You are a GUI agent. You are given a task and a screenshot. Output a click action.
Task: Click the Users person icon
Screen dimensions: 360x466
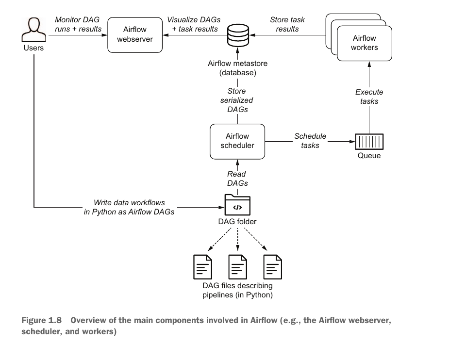33,31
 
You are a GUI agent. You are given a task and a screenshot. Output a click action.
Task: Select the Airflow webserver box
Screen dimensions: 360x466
134,34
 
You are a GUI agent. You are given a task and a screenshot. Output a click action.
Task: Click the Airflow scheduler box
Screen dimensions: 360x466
237,141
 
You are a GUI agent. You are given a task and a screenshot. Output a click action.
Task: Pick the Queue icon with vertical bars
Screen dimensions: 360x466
369,142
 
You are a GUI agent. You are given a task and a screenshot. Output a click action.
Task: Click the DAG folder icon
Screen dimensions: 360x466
237,205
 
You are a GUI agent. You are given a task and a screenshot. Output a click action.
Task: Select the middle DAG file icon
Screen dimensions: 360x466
237,266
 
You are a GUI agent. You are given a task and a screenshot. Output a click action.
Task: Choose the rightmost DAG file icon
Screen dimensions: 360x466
272,266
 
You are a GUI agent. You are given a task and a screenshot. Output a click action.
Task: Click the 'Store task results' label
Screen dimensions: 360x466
287,24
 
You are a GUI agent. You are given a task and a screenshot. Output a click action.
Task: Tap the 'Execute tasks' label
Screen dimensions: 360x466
369,97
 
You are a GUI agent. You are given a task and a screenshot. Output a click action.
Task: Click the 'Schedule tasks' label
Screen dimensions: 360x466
310,141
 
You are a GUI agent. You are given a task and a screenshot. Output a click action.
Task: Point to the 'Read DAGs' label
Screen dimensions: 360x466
237,179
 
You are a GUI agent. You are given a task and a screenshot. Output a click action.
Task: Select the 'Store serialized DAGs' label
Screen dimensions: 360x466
237,100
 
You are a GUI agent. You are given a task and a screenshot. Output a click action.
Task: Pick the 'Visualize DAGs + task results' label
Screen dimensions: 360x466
194,24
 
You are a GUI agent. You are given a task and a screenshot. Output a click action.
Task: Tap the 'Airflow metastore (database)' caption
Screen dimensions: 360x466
237,68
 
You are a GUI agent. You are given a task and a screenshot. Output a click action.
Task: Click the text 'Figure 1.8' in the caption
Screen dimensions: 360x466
42,321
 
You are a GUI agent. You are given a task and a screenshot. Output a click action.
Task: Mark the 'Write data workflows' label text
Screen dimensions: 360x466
129,202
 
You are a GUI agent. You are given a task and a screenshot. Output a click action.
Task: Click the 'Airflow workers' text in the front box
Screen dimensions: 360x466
364,43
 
